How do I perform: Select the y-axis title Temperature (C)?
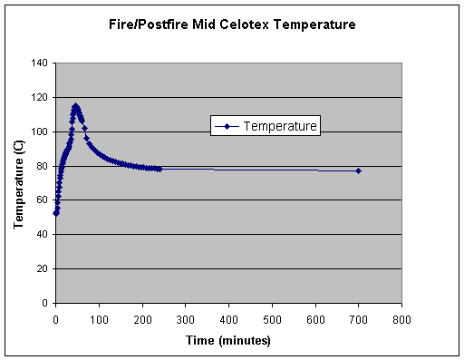(x=18, y=183)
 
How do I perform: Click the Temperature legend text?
(x=280, y=126)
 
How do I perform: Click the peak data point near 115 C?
(x=75, y=106)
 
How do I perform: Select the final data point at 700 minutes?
(x=359, y=170)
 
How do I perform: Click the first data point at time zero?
(x=55, y=213)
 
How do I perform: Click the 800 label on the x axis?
(x=402, y=320)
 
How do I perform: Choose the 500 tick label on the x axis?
(x=272, y=320)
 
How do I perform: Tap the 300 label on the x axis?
(x=186, y=320)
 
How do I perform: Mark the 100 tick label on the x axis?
(x=99, y=320)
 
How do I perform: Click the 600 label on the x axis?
(x=315, y=320)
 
